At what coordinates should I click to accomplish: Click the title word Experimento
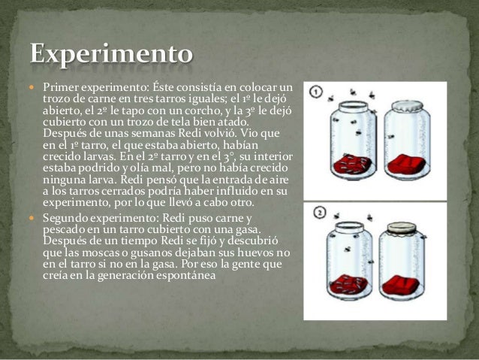pos(112,54)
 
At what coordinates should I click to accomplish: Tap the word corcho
pos(201,110)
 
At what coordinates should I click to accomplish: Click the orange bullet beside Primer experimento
pos(32,88)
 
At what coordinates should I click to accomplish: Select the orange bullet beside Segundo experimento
pos(32,218)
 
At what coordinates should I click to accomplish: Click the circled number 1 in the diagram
pos(316,92)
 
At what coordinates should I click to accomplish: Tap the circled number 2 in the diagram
pos(320,213)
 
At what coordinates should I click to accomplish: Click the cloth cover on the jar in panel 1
pos(408,107)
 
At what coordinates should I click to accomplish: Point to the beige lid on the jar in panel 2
pos(402,228)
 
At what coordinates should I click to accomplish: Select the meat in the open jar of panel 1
pos(352,164)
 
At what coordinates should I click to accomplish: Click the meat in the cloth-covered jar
pos(406,163)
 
